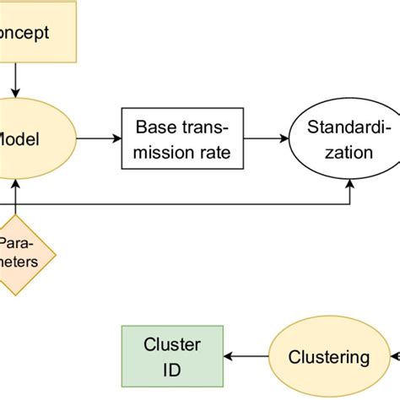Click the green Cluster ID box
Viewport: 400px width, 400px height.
(x=172, y=357)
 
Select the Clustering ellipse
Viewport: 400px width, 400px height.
(x=330, y=357)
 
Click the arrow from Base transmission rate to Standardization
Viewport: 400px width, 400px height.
(x=266, y=140)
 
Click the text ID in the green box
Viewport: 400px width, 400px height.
(x=172, y=369)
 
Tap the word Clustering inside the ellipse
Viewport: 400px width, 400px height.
(x=330, y=357)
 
